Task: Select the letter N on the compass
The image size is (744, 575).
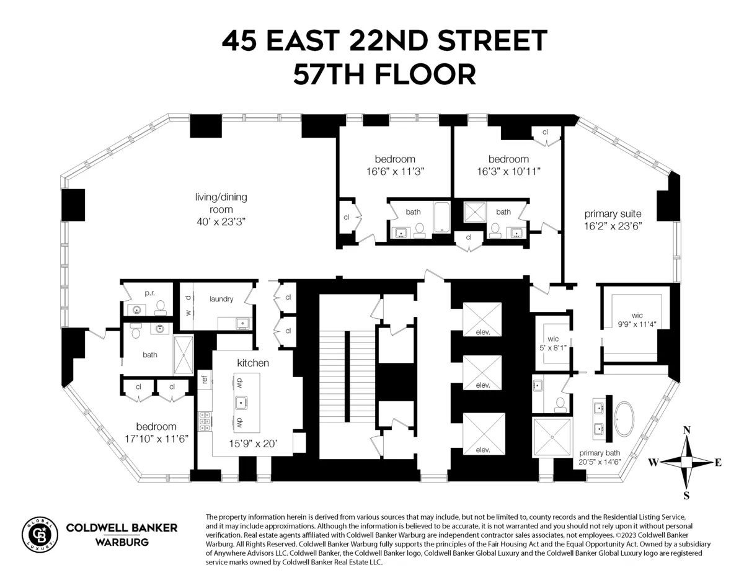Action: coord(686,430)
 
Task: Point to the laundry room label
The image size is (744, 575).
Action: coord(221,299)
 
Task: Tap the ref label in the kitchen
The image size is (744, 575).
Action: coord(203,380)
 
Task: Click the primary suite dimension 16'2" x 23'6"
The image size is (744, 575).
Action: coord(613,226)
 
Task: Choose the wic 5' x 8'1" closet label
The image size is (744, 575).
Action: coord(553,343)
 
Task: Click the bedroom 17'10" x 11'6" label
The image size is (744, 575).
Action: coord(156,432)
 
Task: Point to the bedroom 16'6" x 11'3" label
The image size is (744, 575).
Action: coord(395,164)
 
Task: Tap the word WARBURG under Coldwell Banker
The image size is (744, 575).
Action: coord(122,542)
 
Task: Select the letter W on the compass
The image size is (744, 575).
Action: coord(653,462)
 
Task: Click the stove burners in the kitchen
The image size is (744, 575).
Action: coord(203,421)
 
